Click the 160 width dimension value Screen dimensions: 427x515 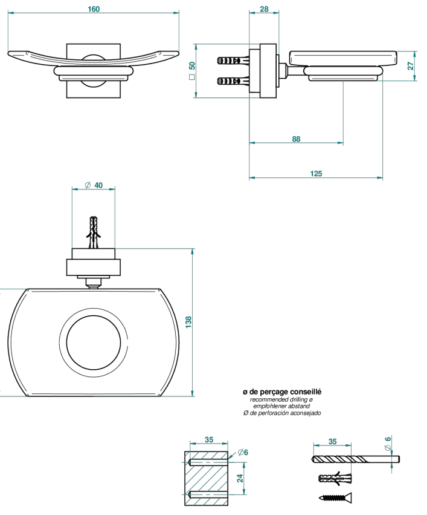pyautogui.click(x=94, y=9)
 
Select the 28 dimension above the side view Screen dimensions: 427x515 pyautogui.click(x=264, y=9)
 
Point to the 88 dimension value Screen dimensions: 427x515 pyautogui.click(x=296, y=139)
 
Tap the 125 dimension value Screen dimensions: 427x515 pyautogui.click(x=316, y=174)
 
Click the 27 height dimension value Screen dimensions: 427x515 pyautogui.click(x=411, y=66)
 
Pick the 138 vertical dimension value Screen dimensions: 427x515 pyautogui.click(x=188, y=322)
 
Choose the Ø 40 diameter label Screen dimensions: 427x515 pyautogui.click(x=94, y=185)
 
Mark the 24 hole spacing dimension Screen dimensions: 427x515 pyautogui.click(x=240, y=478)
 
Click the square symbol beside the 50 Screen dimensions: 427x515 pyautogui.click(x=192, y=77)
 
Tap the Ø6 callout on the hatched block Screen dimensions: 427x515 pyautogui.click(x=243, y=452)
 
